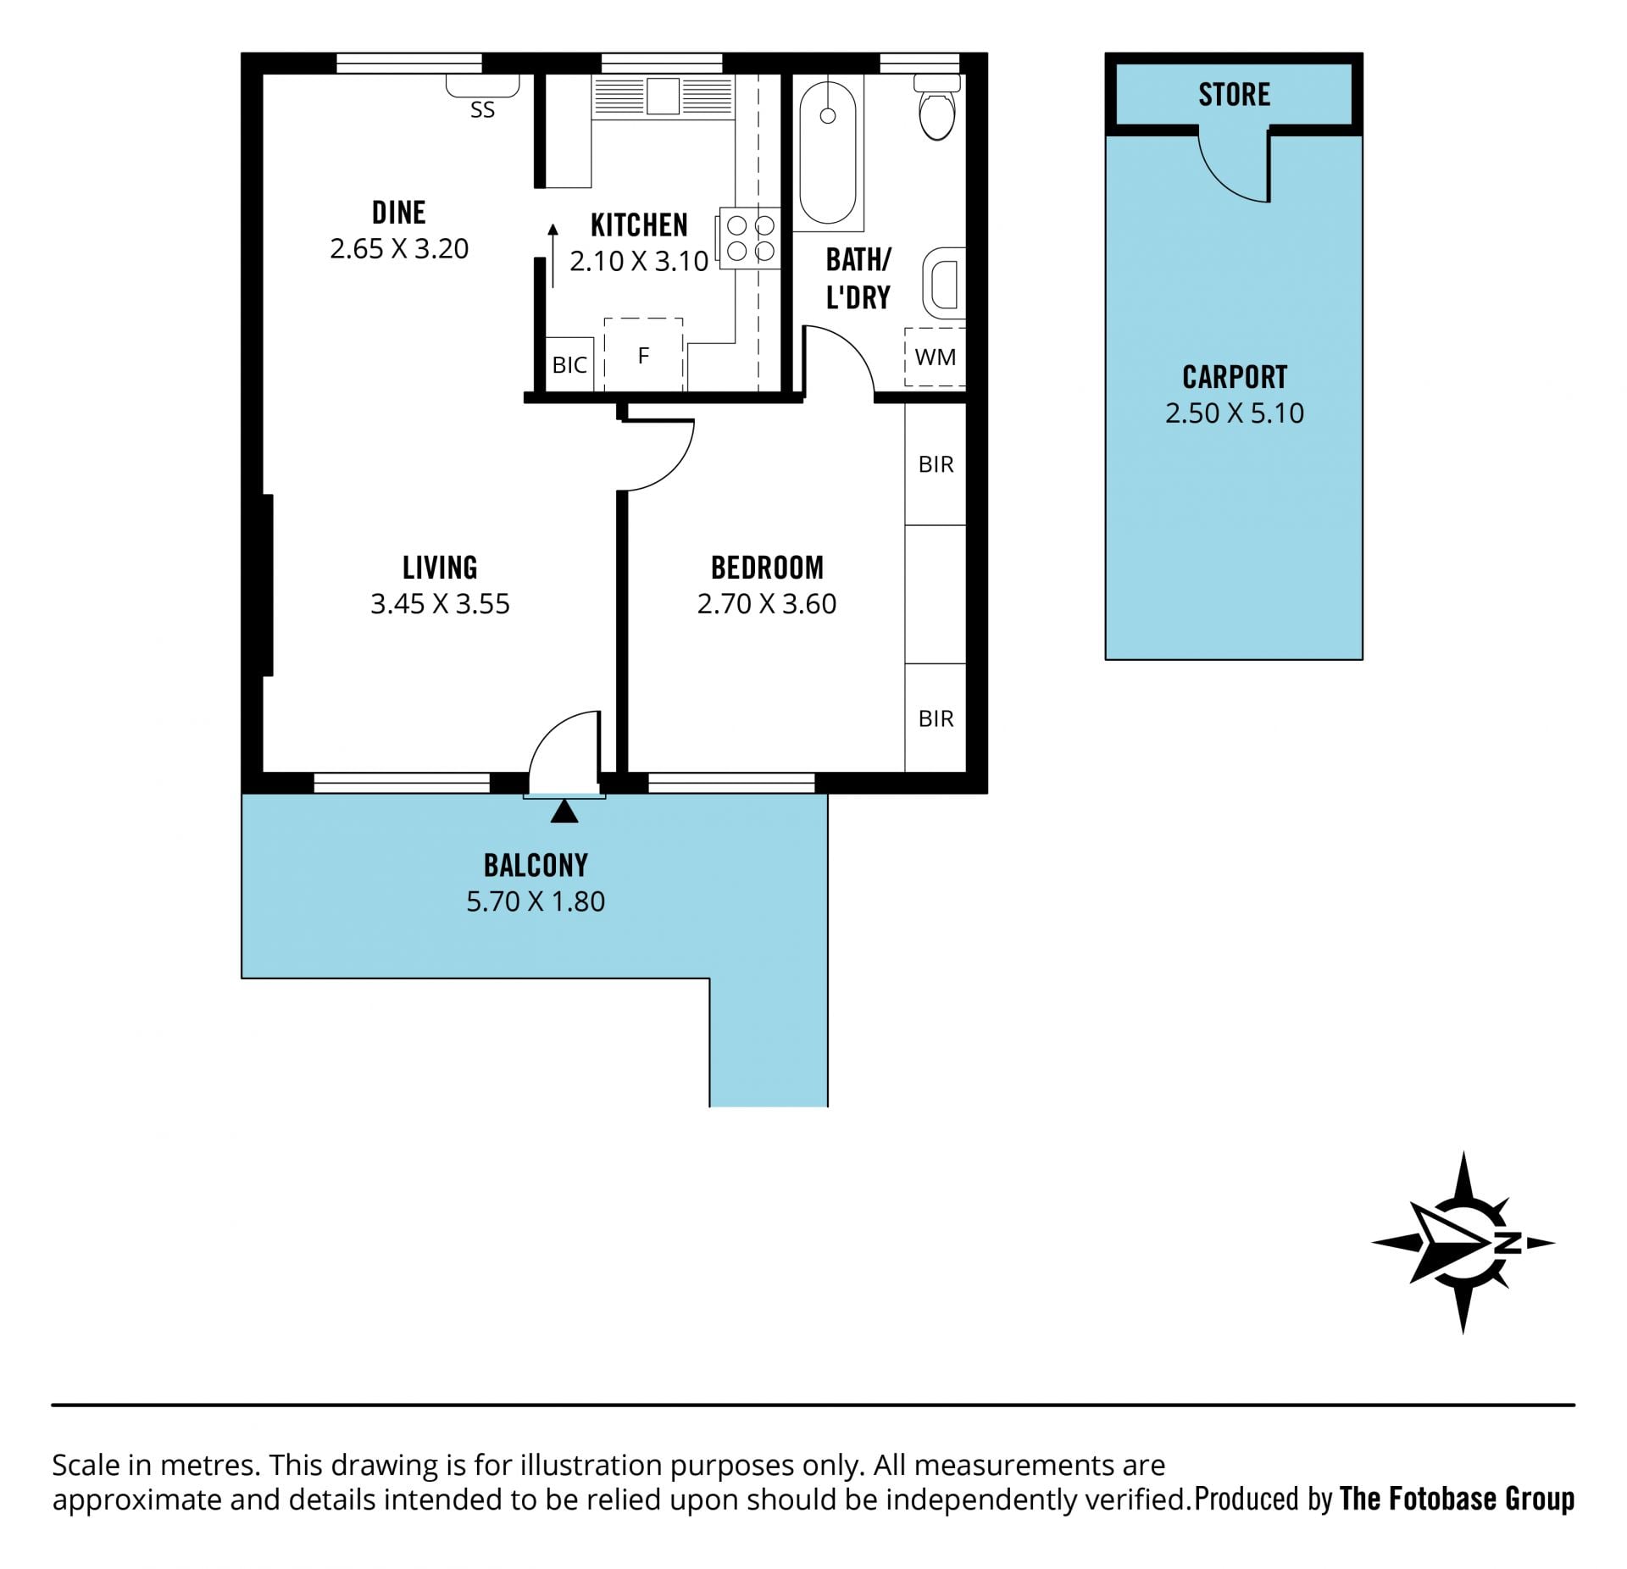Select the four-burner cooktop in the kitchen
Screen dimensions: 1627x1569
(750, 238)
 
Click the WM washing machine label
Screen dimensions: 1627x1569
(936, 358)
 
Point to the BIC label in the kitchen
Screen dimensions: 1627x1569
(569, 365)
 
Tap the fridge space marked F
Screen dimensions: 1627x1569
(643, 355)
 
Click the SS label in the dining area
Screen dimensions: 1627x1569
(482, 110)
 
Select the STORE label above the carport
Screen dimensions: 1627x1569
(1234, 94)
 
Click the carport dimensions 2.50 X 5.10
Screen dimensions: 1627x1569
(1235, 413)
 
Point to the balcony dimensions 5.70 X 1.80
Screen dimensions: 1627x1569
(536, 901)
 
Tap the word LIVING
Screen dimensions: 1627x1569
(440, 567)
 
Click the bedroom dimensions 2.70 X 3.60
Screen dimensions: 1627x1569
(767, 604)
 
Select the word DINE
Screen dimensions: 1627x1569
(399, 212)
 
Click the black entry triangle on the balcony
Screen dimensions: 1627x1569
(564, 812)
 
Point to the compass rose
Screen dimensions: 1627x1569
(1463, 1243)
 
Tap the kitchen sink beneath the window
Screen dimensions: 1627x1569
(663, 96)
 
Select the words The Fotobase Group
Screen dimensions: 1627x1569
(1457, 1499)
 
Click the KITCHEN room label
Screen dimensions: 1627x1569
(639, 225)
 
